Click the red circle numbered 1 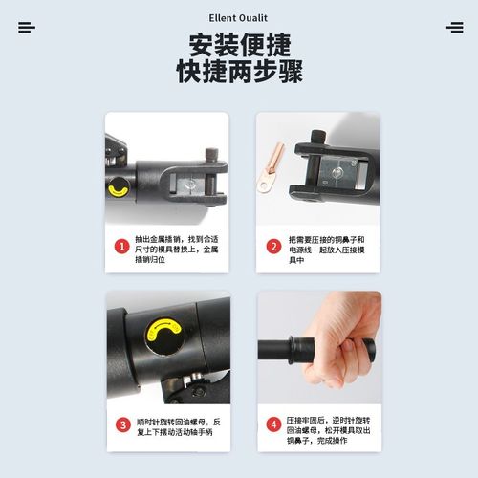(122, 246)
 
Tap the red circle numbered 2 (272, 246)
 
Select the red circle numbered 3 (122, 424)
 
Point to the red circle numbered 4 (272, 424)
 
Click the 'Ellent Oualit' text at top (239, 17)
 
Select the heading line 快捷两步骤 (239, 71)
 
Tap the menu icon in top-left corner (26, 27)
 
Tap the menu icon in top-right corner (454, 27)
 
